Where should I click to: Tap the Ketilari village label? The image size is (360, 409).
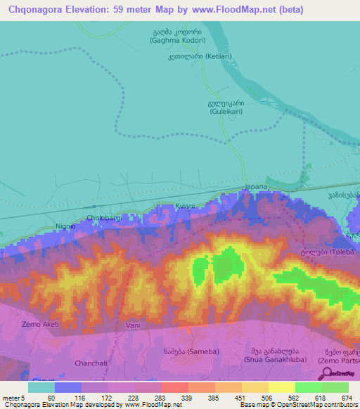click(209, 56)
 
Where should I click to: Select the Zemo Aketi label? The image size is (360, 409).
click(39, 324)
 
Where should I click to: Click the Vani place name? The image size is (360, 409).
click(134, 326)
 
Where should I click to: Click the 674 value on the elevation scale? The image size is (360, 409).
click(345, 398)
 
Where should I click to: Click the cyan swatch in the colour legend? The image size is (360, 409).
click(41, 387)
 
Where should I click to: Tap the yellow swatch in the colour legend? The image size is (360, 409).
click(281, 387)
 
